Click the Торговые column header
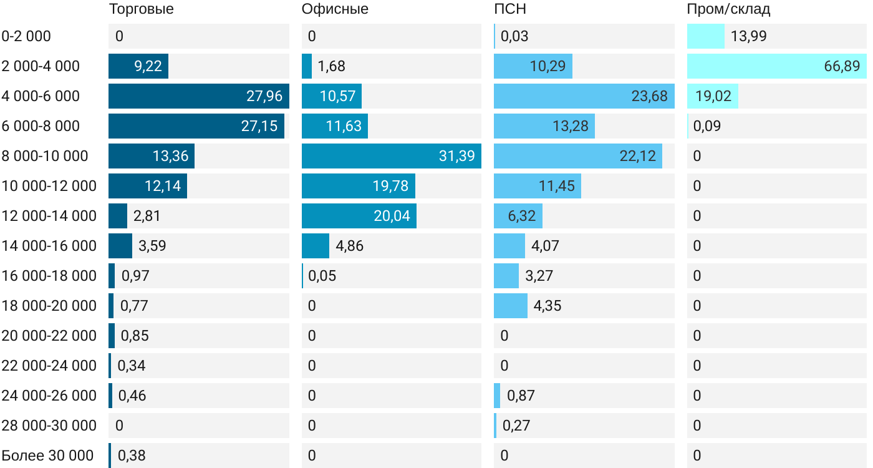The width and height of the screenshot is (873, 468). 141,9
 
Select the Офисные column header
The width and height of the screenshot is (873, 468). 335,9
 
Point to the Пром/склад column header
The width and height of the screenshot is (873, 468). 728,9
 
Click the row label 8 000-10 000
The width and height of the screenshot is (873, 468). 45,156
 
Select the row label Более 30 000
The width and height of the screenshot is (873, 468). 47,456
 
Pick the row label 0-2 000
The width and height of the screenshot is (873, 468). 26,36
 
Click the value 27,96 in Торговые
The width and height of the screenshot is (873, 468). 264,96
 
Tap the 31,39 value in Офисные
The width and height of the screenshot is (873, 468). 456,156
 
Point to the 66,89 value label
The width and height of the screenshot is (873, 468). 842,66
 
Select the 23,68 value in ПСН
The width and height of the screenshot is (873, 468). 649,96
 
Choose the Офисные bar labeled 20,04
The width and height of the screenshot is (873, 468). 359,216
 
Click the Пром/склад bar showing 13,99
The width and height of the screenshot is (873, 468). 706,36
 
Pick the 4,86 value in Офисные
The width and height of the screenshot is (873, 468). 350,246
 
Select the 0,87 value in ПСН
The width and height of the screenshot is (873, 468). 521,396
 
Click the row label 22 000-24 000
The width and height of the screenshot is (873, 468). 49,366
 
